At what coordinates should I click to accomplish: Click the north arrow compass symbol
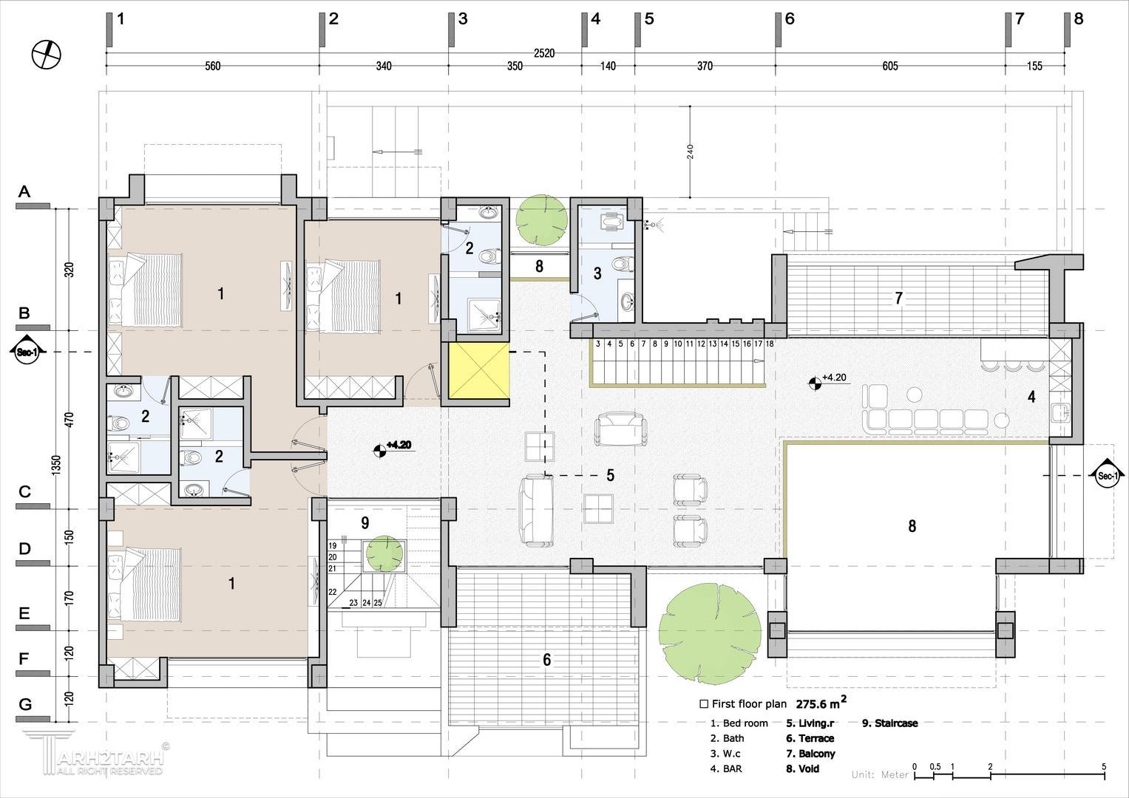(x=47, y=55)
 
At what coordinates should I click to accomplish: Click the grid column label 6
(x=790, y=19)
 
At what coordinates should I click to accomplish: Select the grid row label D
(x=24, y=548)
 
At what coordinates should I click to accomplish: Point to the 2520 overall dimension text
(x=544, y=53)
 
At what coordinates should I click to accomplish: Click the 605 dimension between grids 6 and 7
(x=890, y=66)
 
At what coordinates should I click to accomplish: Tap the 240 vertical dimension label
(x=690, y=151)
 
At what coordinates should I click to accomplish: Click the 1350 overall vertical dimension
(x=56, y=464)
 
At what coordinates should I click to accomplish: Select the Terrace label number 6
(x=547, y=659)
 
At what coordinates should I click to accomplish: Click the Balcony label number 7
(x=898, y=299)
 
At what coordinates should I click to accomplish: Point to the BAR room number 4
(x=1031, y=397)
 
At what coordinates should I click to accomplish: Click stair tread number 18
(x=770, y=344)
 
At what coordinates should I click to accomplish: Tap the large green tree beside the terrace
(x=710, y=634)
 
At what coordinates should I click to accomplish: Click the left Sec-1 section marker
(x=27, y=351)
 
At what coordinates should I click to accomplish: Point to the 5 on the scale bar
(x=1103, y=767)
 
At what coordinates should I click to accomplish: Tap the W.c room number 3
(x=597, y=273)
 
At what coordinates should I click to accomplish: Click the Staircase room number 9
(x=365, y=523)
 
